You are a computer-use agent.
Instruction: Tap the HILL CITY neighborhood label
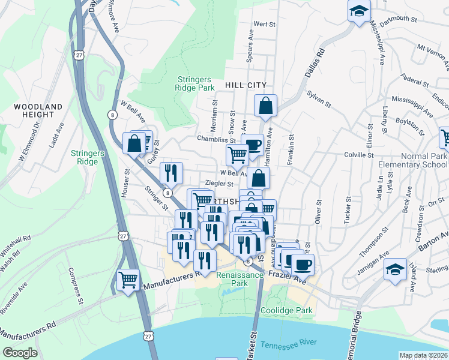coord(245,86)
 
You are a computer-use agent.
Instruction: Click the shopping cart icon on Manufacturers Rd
coord(128,279)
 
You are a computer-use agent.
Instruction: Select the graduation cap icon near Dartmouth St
coord(359,11)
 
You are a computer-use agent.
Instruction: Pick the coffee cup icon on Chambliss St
coord(253,144)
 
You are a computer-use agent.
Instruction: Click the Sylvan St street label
coord(319,96)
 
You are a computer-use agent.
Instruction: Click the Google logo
coord(20,353)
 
